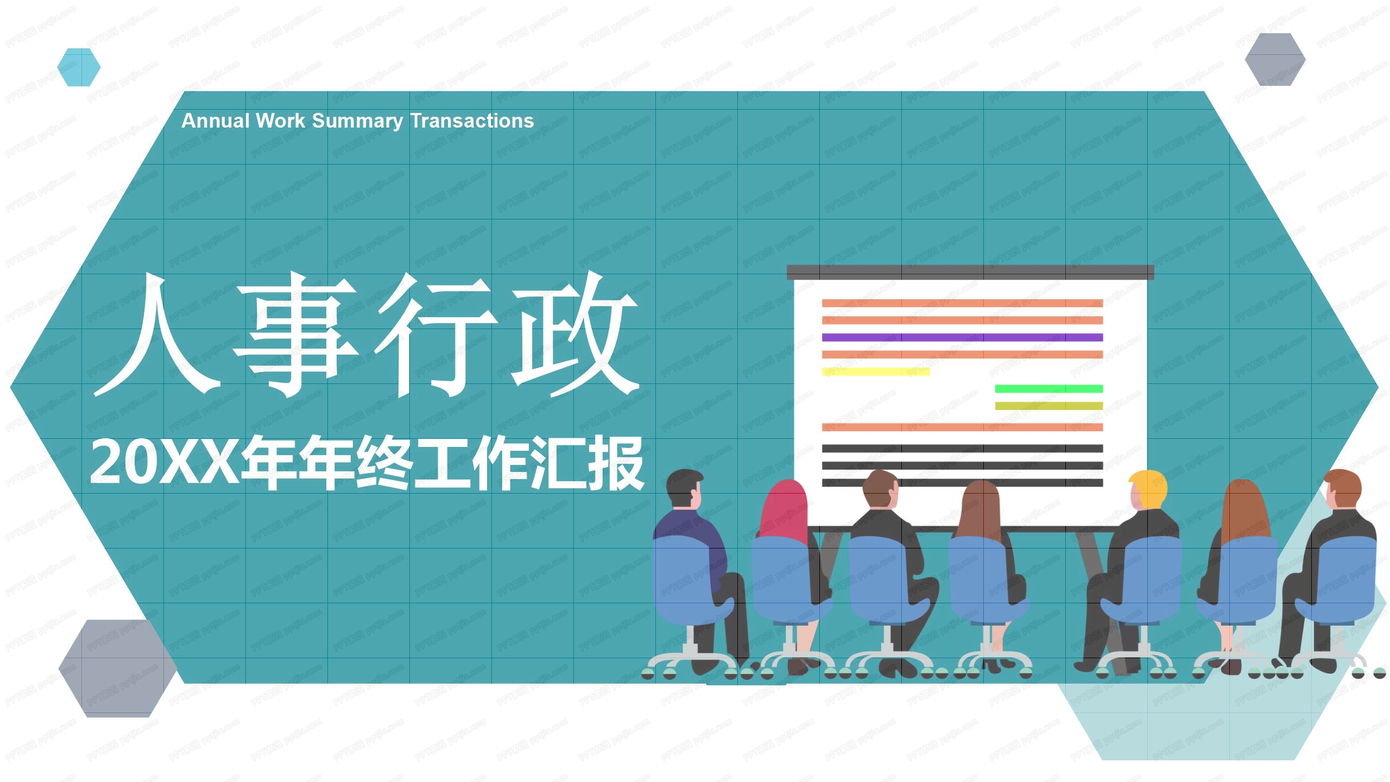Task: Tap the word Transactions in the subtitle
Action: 472,121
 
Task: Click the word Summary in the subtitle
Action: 357,121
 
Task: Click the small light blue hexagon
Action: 79,67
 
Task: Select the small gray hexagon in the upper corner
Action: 1275,59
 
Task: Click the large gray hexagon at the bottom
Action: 117,668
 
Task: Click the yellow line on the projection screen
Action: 875,371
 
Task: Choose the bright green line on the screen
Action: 1048,388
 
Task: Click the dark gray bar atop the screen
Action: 970,272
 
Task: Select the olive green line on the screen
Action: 1048,406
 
